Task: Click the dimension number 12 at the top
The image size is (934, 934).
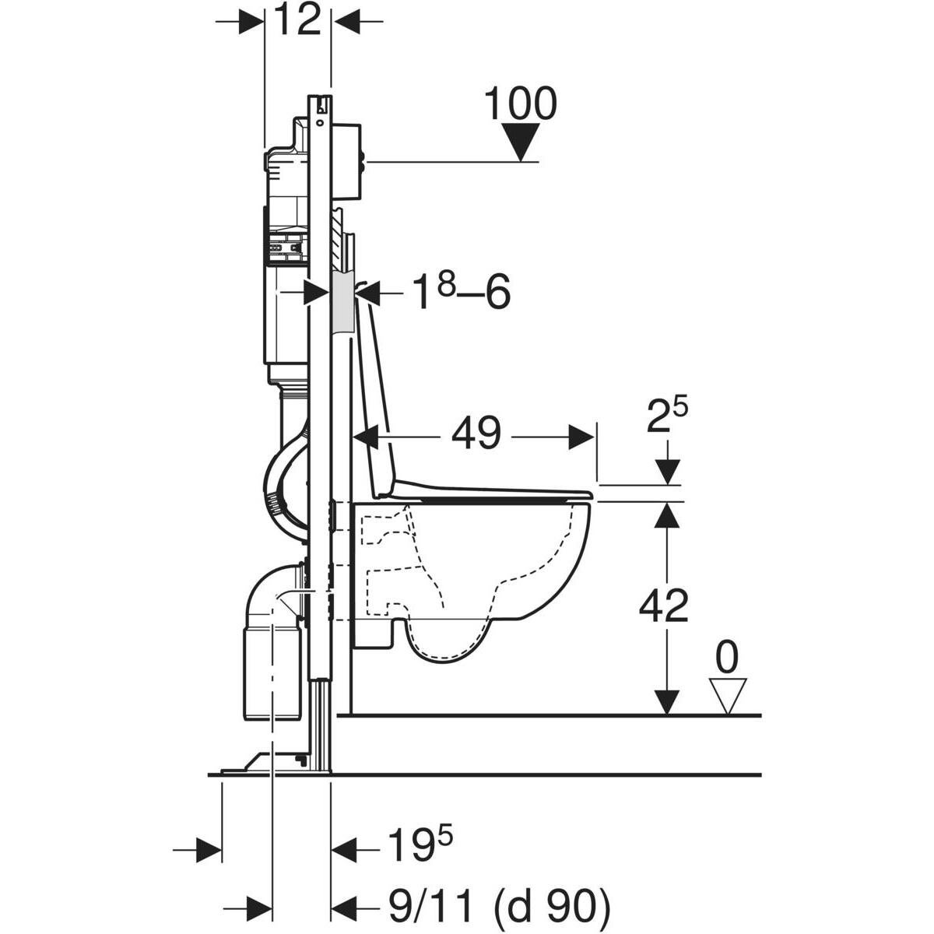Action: (x=297, y=19)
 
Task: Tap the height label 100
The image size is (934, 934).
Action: (x=521, y=104)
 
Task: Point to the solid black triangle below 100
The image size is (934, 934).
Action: (x=521, y=142)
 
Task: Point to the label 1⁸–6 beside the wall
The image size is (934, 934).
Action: (x=462, y=293)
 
